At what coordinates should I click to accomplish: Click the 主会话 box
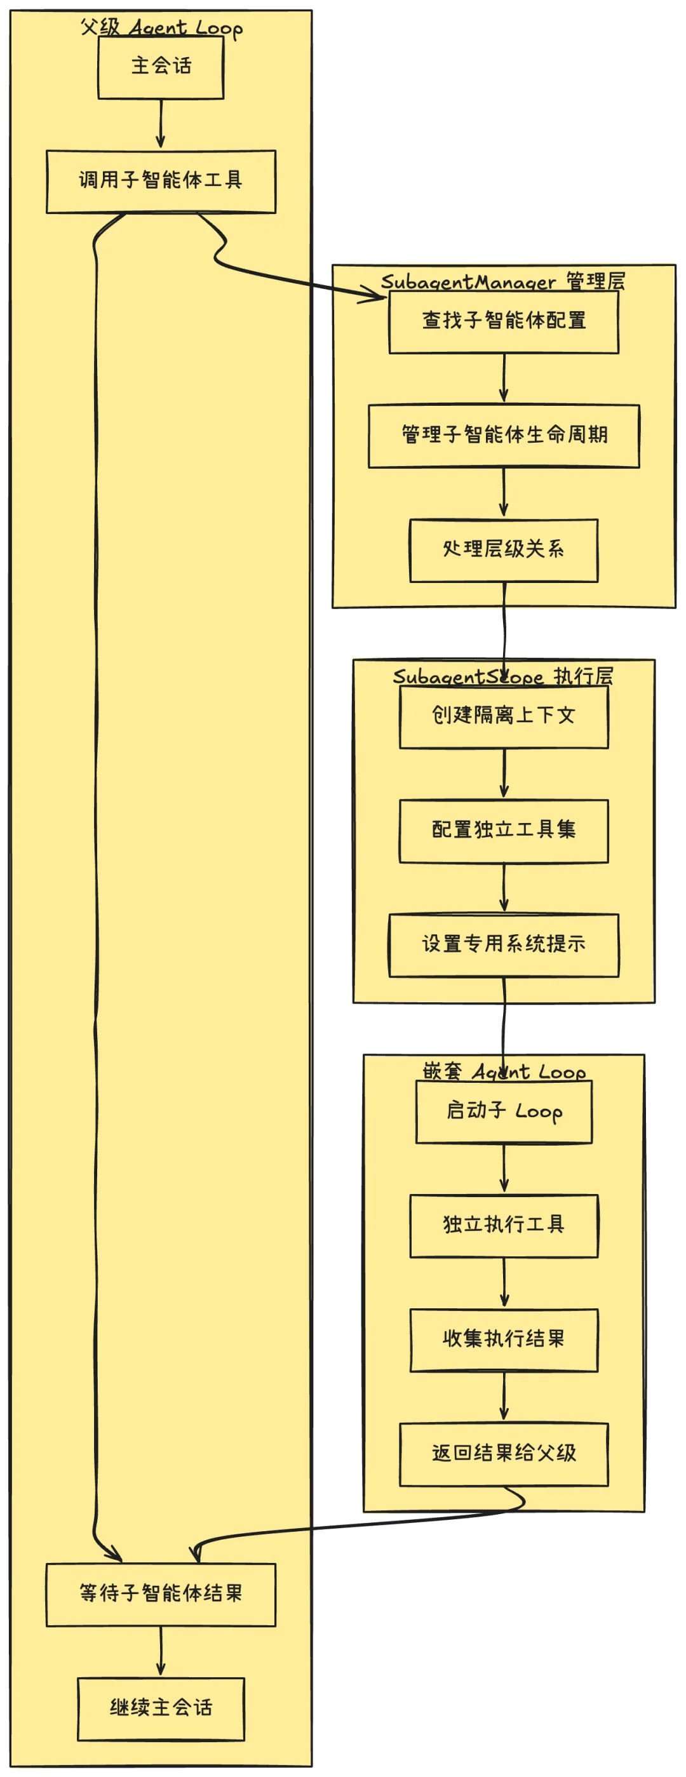pos(161,67)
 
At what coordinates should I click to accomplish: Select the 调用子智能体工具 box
pos(161,182)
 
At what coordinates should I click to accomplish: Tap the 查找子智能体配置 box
pos(504,321)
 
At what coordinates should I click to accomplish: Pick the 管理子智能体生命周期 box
pos(504,436)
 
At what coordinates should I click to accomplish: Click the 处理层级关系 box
pos(504,551)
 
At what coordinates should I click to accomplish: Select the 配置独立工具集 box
pos(504,831)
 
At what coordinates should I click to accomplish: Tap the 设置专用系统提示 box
pos(504,945)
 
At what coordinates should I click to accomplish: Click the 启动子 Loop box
pos(504,1111)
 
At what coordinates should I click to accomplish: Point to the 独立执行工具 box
pos(504,1226)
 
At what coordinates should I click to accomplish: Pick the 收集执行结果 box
pos(504,1340)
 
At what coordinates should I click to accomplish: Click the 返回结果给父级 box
pos(504,1455)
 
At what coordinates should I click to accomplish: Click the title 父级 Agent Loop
pos(161,27)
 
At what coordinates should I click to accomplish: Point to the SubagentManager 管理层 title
pos(503,281)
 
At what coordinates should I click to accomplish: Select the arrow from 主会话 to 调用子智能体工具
pos(161,124)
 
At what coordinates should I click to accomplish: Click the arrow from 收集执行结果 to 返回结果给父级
pos(504,1398)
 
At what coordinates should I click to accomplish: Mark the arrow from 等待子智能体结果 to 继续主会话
pos(161,1651)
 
